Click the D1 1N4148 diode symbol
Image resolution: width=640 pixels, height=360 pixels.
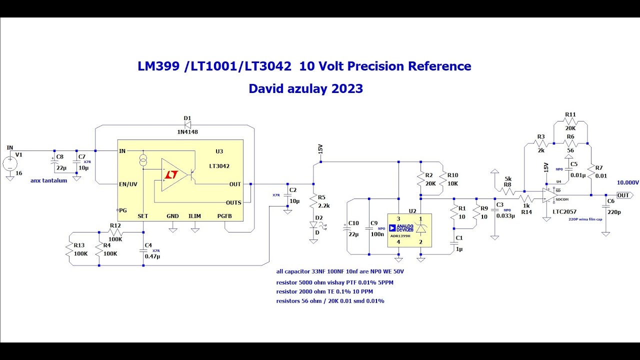187,125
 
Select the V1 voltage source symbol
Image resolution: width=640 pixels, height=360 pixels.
9,163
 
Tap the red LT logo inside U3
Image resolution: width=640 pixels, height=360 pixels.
171,174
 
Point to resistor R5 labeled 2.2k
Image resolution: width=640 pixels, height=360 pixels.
313,202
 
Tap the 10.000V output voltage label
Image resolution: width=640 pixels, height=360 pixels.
627,182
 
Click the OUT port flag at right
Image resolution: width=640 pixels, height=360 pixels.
623,195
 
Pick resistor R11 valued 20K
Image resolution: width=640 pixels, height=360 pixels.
570,121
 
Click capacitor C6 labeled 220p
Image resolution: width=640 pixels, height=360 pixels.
606,206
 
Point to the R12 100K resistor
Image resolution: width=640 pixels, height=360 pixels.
115,232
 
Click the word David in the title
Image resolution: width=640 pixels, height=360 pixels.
267,89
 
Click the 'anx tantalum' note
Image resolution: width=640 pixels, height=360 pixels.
48,180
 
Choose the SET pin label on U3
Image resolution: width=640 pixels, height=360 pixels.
143,216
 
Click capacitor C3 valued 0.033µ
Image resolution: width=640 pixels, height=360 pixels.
494,210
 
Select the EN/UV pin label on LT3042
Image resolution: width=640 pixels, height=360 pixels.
128,184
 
